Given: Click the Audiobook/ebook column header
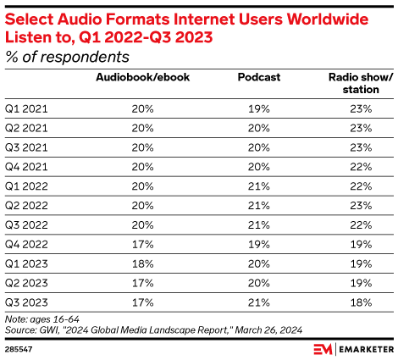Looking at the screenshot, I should point(141,78).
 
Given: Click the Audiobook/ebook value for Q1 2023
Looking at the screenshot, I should point(141,264).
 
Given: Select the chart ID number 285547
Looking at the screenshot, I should point(19,347).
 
